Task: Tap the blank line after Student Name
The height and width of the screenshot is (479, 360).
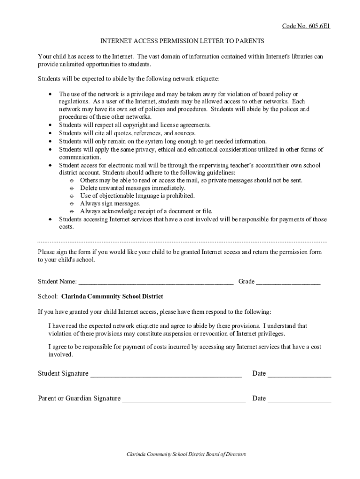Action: pyautogui.click(x=156, y=283)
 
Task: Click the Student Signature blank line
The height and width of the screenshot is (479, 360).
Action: pyautogui.click(x=166, y=375)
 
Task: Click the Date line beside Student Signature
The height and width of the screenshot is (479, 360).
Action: pyautogui.click(x=299, y=375)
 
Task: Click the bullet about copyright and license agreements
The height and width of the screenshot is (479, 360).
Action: pyautogui.click(x=135, y=125)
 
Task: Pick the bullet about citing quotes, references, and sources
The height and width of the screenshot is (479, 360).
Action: pyautogui.click(x=127, y=133)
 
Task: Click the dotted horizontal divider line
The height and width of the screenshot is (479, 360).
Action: pyautogui.click(x=181, y=242)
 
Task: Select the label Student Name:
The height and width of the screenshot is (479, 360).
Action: pyautogui.click(x=57, y=282)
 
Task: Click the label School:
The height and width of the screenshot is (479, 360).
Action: pyautogui.click(x=48, y=297)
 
